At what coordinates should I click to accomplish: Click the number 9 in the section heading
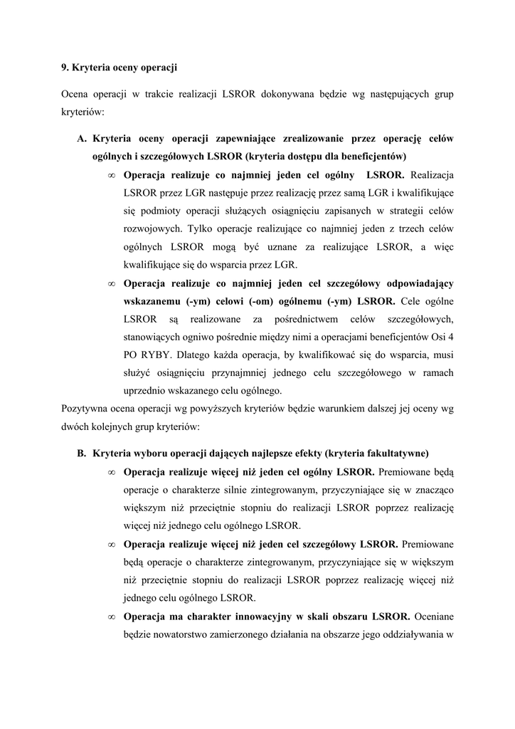tap(64, 68)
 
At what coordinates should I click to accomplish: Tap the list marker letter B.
tap(81, 453)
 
